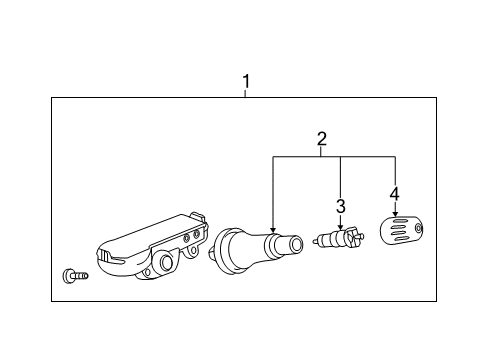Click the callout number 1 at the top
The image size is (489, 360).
[x=245, y=81]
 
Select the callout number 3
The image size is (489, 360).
[x=340, y=206]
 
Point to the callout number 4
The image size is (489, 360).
[x=395, y=193]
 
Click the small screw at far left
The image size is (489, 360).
[x=74, y=274]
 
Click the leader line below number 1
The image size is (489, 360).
[x=245, y=91]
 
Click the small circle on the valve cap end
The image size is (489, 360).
[x=421, y=231]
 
